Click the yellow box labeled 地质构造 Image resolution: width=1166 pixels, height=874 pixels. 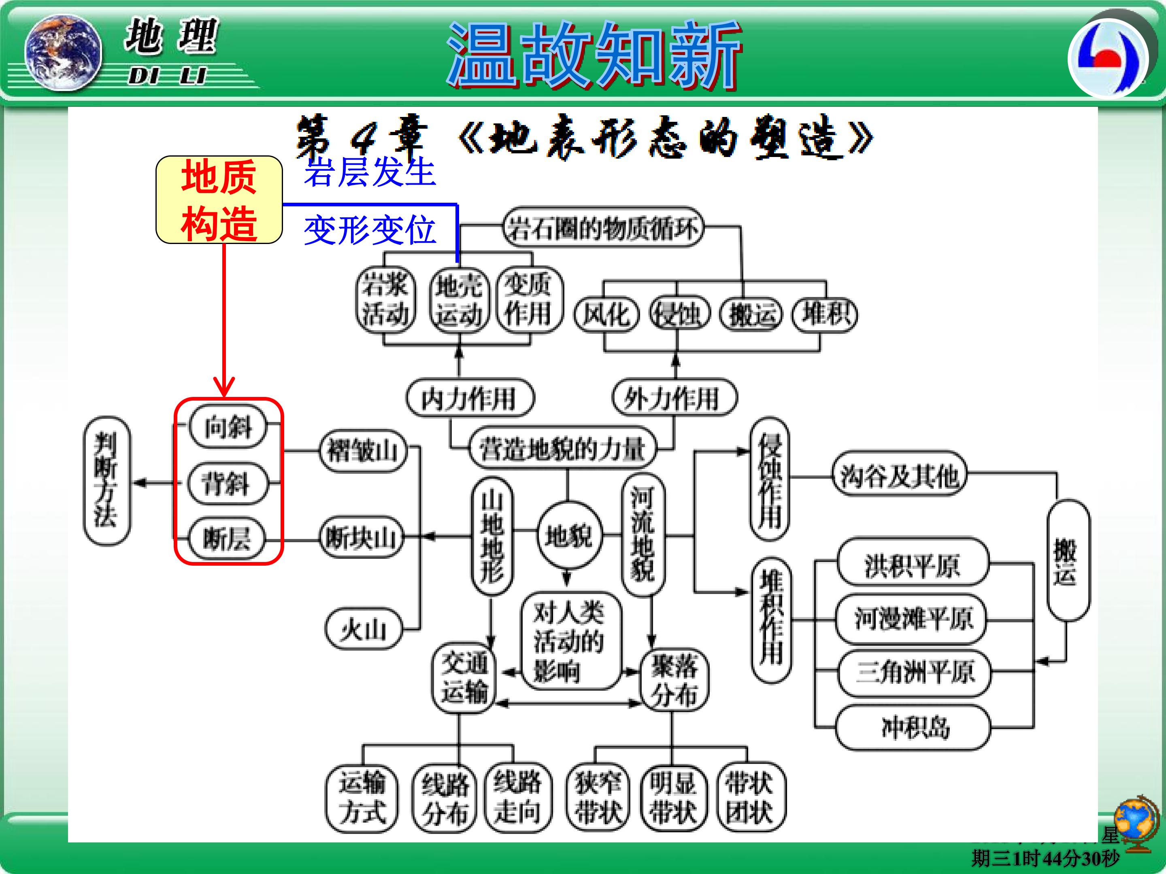click(219, 199)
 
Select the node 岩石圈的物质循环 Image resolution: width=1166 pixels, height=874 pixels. click(603, 229)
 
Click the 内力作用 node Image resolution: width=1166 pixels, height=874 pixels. click(470, 398)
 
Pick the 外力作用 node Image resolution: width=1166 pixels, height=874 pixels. click(674, 398)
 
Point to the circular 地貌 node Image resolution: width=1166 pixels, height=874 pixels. click(568, 536)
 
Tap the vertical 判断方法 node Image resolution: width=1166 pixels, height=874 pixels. click(106, 480)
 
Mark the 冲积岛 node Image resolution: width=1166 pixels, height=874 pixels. click(913, 728)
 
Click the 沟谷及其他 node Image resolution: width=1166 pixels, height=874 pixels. click(899, 477)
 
